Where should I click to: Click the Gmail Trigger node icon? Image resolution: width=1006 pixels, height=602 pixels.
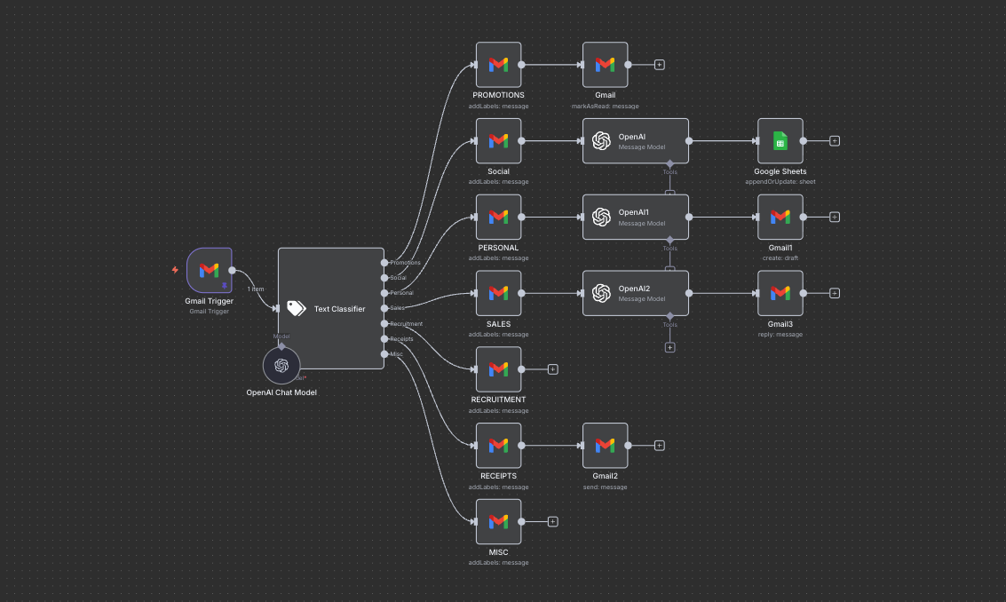pos(210,270)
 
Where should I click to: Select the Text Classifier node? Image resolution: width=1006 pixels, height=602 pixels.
pos(330,308)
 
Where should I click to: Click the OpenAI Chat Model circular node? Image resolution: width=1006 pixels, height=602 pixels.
pos(281,366)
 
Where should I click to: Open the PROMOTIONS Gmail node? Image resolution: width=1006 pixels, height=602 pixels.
pos(498,65)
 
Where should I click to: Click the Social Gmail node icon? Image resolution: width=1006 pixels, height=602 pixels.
pos(498,141)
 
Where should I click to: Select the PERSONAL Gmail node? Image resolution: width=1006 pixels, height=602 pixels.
pos(498,217)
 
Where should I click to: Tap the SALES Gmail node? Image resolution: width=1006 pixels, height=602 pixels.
pos(498,293)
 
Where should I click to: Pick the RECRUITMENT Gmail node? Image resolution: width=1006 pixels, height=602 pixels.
pos(498,368)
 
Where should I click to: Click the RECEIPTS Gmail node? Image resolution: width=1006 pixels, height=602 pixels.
pos(498,445)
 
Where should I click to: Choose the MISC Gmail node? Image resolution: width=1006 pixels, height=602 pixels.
pos(498,521)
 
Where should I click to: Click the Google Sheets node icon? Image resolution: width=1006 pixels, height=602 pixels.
pos(780,141)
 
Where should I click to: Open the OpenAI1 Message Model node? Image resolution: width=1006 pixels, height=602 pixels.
pos(636,217)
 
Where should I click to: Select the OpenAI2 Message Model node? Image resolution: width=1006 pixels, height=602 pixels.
pos(636,293)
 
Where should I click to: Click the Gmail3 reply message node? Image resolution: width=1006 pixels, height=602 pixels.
pos(780,293)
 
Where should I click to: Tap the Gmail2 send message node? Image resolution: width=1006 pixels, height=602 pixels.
pos(605,445)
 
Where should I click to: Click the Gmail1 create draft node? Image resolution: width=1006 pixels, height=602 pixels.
pos(780,217)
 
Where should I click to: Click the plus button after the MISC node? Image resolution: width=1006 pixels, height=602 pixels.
pos(552,521)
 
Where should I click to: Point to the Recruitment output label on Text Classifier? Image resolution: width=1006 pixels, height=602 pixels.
pos(406,324)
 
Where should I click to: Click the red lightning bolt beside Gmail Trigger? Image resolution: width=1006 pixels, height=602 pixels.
pos(175,269)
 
